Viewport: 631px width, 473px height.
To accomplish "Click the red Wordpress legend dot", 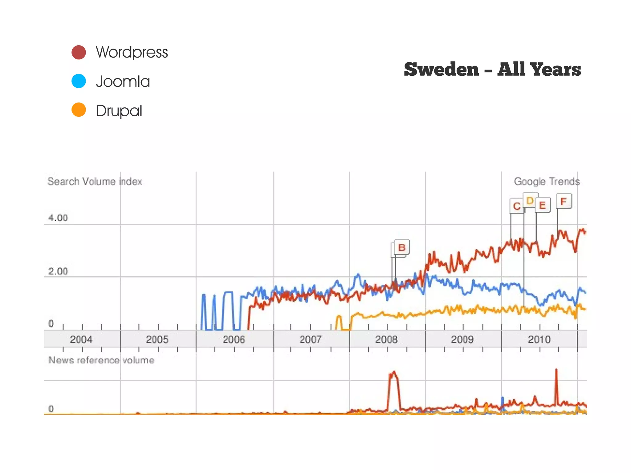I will (79, 52).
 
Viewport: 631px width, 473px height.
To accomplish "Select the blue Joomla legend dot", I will (79, 81).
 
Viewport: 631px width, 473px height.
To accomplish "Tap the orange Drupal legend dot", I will (79, 110).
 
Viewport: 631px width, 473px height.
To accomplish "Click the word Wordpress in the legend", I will (132, 52).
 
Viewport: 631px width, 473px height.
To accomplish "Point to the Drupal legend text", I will (119, 111).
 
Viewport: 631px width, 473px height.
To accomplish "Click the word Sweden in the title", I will (441, 70).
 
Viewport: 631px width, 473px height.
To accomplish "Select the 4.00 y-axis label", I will (58, 218).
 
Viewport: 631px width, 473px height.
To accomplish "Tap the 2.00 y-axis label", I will (58, 271).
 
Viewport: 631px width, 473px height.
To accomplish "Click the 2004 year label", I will (81, 339).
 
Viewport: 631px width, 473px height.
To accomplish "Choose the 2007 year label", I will (311, 339).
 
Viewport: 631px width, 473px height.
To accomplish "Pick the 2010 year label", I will (539, 339).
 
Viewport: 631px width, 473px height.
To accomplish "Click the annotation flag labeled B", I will (402, 247).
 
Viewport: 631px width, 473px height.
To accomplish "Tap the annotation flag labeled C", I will (517, 206).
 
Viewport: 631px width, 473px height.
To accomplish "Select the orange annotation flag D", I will (530, 201).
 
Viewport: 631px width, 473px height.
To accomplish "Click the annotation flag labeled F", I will (564, 201).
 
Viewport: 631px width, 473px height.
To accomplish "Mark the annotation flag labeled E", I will (543, 205).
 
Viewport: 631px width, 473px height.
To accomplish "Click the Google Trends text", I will (547, 181).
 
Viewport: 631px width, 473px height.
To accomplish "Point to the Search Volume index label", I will (95, 181).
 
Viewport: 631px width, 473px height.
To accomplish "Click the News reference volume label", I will (101, 360).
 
